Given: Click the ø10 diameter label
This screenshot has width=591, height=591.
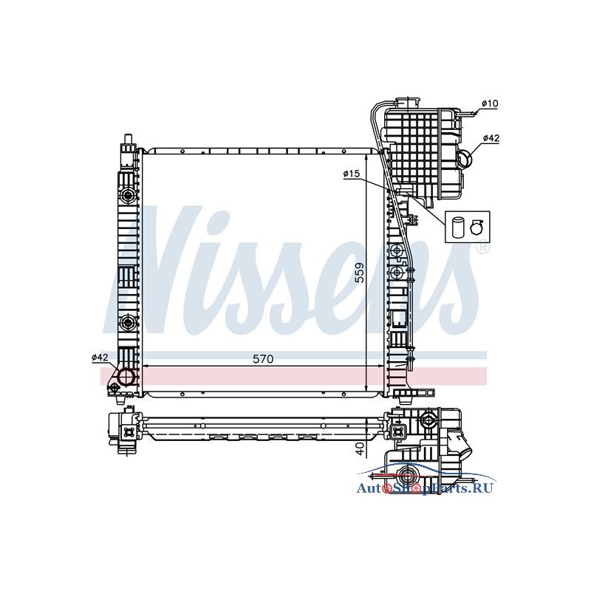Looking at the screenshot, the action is [x=490, y=103].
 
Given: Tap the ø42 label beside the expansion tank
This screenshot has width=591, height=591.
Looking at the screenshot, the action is [x=491, y=138].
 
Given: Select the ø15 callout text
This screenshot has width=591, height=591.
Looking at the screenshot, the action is [x=352, y=174].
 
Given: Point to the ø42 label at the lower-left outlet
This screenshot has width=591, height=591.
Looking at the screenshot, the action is [x=100, y=357].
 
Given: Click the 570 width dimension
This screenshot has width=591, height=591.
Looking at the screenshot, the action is [x=263, y=359].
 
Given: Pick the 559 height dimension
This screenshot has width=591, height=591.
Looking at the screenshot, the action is [x=361, y=272].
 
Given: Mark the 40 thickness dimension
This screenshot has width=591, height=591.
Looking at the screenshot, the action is [x=361, y=448].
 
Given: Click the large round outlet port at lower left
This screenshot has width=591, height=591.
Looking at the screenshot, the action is [x=126, y=376].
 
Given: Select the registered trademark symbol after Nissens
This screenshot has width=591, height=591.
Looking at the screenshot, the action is [x=483, y=247].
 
